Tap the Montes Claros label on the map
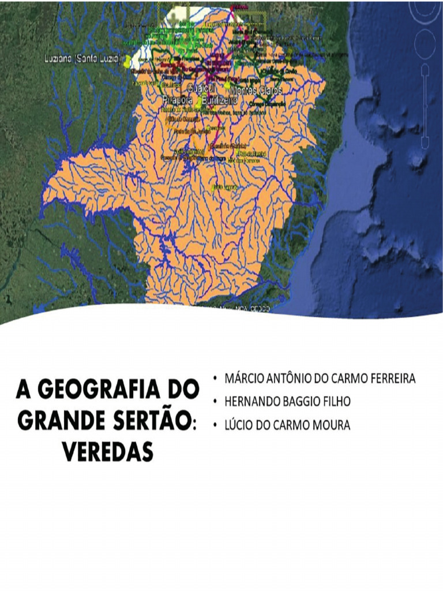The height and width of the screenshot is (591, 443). click(256, 91)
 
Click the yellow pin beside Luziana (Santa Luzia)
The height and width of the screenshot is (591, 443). click(127, 63)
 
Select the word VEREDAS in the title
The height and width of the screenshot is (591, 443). click(108, 451)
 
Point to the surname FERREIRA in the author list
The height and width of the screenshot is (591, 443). click(388, 379)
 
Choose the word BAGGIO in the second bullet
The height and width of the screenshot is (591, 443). click(300, 402)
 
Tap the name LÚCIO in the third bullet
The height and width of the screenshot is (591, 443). click(239, 425)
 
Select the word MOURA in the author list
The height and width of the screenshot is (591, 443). click(331, 425)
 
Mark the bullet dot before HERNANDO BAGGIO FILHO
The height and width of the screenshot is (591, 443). click(215, 401)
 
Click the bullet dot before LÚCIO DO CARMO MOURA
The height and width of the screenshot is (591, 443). click(215, 425)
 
